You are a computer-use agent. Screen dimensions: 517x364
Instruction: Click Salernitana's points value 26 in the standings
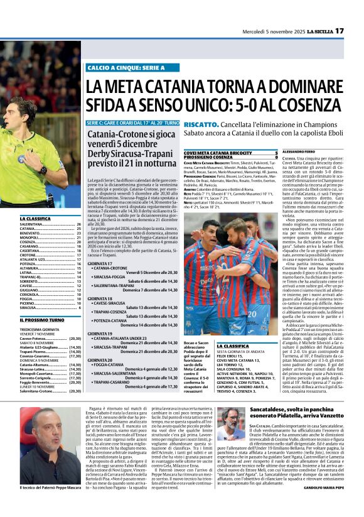point(78,224)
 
